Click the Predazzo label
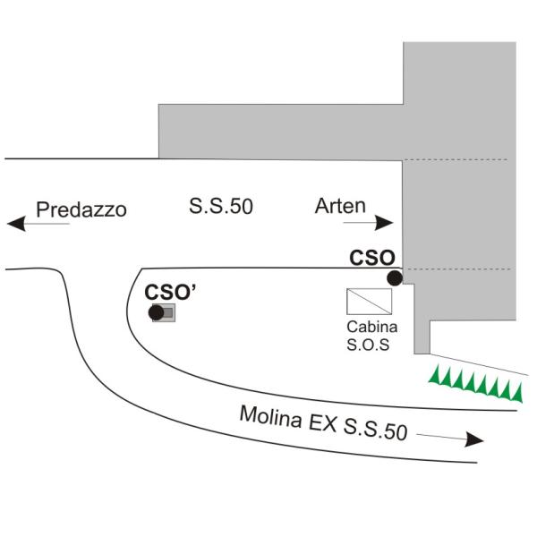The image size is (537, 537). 81,209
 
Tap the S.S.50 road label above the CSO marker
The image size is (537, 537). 221,206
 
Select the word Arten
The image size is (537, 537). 340,206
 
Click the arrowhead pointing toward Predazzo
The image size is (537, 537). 16,224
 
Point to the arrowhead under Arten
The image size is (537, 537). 384,223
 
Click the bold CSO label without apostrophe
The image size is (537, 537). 372,258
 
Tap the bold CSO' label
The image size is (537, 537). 170,292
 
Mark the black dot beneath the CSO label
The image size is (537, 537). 395,277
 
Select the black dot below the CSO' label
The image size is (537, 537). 156,312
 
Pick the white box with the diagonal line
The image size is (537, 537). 369,302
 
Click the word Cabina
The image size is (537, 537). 372,327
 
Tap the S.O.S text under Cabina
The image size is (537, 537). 368,345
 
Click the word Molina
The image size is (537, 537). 270,416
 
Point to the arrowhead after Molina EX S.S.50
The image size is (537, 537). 474,439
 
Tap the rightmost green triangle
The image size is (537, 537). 518,393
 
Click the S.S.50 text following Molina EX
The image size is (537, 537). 375,430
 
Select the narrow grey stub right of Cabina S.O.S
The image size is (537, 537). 422,337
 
